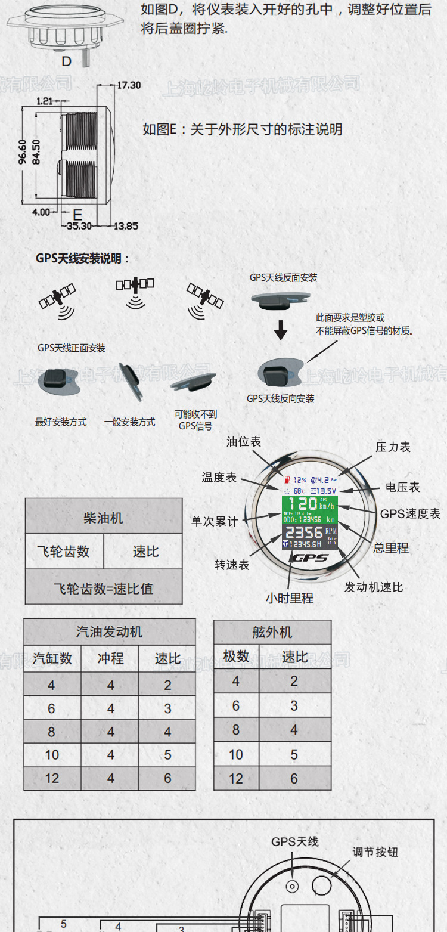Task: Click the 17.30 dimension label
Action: (129, 85)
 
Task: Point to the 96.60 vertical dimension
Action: (23, 152)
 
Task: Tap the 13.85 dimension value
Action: (126, 226)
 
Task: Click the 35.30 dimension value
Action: (79, 226)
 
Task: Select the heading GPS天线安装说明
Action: (83, 259)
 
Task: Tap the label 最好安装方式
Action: (61, 422)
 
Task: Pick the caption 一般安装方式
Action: (129, 422)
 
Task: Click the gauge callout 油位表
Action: (244, 442)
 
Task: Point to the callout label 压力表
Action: (393, 447)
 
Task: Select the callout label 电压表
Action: (402, 487)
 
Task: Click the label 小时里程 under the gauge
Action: (290, 598)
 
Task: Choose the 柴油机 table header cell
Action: (104, 518)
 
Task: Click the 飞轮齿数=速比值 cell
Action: (104, 589)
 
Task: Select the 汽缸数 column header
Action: (52, 658)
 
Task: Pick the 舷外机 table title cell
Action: (272, 632)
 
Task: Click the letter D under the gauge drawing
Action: (66, 61)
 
